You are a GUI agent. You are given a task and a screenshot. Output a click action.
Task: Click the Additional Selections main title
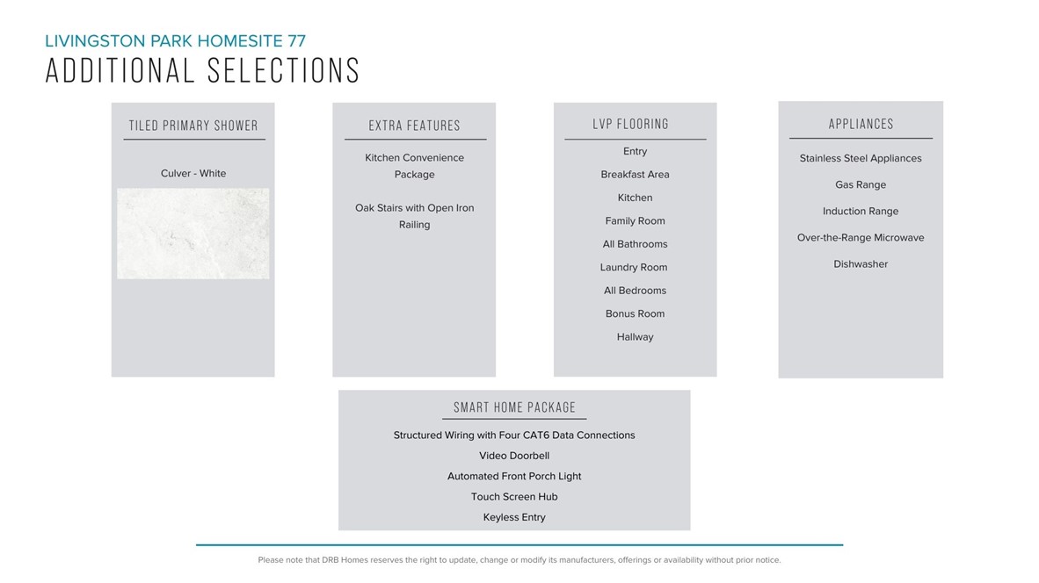[202, 71]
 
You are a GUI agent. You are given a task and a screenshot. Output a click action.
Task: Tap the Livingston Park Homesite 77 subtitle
[176, 40]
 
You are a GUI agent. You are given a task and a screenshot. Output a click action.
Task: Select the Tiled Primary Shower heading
[193, 126]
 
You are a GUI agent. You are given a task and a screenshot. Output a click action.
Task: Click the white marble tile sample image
[193, 234]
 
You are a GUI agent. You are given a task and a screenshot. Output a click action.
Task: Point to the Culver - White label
[193, 174]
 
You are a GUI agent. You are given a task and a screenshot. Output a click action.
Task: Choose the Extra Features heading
[415, 126]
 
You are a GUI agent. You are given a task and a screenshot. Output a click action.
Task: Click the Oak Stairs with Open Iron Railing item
[415, 216]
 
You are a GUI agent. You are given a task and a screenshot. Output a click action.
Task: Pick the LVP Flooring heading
[630, 125]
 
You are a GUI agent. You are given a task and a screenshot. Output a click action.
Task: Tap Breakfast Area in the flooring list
[635, 175]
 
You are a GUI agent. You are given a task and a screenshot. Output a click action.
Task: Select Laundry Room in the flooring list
[635, 268]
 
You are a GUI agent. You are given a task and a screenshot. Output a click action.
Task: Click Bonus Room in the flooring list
[635, 314]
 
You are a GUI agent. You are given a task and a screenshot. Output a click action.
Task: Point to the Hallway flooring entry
[635, 337]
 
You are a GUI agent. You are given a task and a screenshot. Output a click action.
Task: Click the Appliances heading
[861, 125]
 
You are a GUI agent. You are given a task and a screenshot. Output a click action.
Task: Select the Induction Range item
[861, 212]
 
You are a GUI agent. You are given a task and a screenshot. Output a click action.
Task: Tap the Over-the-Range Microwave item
[861, 238]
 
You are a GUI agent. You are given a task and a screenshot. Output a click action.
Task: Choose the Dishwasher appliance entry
[861, 264]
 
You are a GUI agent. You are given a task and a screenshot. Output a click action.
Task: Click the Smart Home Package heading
[514, 407]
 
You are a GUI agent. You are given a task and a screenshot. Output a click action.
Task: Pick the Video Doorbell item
[514, 456]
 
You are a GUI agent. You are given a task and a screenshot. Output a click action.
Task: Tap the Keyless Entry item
[514, 517]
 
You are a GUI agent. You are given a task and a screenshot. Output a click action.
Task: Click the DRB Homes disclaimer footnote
[519, 560]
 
